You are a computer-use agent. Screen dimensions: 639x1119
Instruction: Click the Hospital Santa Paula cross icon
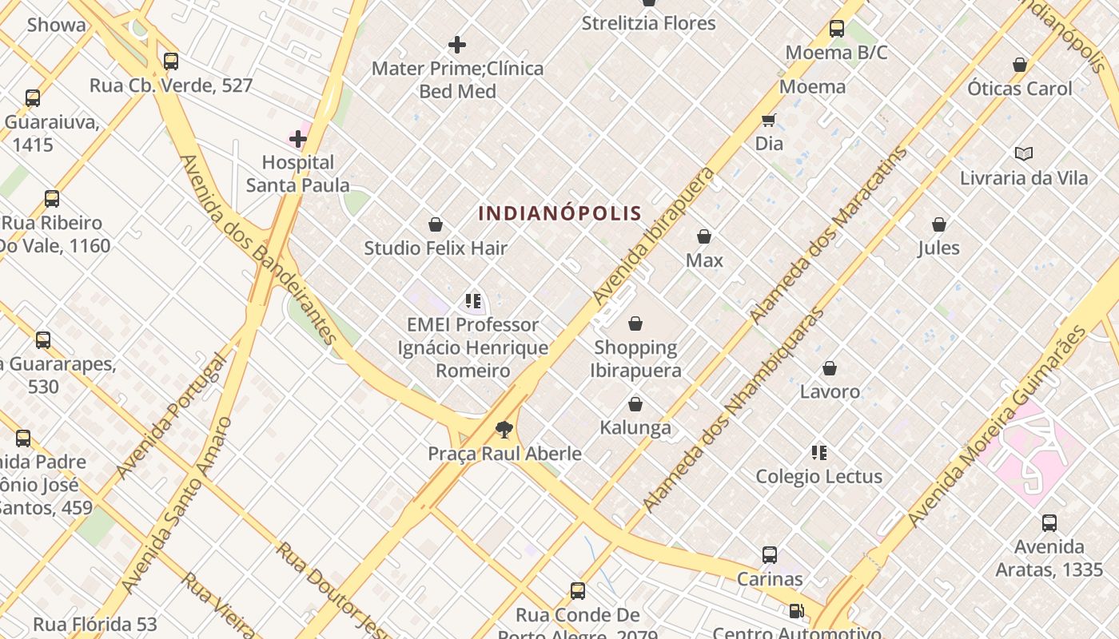298,139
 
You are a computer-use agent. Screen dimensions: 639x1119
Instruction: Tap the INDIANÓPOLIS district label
559,213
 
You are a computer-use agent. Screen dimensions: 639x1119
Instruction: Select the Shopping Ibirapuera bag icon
635,323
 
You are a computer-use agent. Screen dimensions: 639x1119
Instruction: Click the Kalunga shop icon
635,404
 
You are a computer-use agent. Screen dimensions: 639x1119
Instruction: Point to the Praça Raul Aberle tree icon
504,430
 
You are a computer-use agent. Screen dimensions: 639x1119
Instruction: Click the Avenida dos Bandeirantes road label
259,250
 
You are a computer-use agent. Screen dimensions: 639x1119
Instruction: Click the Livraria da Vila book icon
1023,153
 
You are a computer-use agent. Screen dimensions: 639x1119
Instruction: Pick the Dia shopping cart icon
769,121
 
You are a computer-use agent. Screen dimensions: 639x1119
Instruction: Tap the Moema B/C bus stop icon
837,30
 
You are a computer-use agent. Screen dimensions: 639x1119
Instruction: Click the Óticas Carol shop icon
1019,65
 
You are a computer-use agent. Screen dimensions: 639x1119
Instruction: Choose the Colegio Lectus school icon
818,453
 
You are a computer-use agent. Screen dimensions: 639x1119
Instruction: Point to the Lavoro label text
830,391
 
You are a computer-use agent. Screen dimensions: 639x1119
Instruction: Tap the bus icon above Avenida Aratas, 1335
1049,523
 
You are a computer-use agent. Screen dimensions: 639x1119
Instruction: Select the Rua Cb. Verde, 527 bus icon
170,62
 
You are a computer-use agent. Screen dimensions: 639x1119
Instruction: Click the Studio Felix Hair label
436,248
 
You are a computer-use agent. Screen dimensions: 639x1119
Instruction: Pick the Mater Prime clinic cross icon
457,45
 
